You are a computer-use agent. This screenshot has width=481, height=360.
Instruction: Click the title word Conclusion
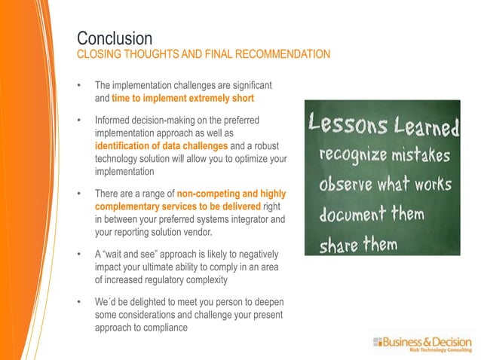pyautogui.click(x=115, y=38)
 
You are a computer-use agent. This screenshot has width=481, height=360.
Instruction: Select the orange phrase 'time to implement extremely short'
pyautogui.click(x=182, y=99)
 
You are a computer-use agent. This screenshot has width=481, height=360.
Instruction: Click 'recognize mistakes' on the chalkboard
pyautogui.click(x=384, y=157)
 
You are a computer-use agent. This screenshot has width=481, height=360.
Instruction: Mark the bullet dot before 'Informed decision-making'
pyautogui.click(x=80, y=121)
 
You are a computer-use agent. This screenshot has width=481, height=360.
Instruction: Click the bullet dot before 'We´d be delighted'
pyautogui.click(x=80, y=302)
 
